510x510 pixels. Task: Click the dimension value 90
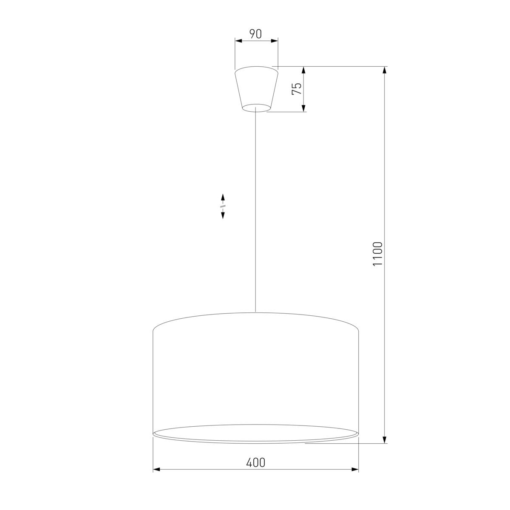tap(255, 34)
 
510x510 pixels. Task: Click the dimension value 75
tap(297, 88)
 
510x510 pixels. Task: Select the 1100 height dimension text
tap(378, 254)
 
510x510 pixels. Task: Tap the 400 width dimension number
tap(255, 462)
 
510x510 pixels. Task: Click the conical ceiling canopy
tap(256, 87)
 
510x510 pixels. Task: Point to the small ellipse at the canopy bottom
tap(256, 108)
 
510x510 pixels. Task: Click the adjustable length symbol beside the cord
tap(222, 206)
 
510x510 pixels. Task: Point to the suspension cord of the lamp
tap(255, 212)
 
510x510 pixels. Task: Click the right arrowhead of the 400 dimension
tap(355, 470)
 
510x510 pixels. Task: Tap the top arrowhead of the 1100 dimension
tap(385, 71)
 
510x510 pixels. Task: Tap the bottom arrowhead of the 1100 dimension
tap(385, 439)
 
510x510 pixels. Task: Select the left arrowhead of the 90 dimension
tap(238, 41)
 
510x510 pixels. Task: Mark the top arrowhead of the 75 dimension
tap(304, 71)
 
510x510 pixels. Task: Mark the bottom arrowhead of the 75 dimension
tap(304, 108)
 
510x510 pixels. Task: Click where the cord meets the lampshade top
tap(255, 312)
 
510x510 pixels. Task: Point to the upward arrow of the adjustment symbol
tap(222, 198)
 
